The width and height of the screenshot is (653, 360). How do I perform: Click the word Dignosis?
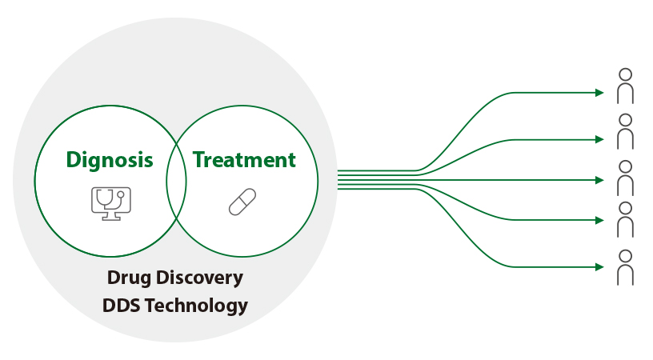pyautogui.click(x=110, y=160)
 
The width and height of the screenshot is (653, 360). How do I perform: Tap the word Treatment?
pyautogui.click(x=244, y=160)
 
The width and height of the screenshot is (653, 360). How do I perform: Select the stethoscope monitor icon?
pyautogui.click(x=110, y=203)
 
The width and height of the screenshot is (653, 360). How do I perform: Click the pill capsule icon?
pyautogui.click(x=242, y=202)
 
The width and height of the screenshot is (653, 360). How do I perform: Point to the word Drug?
pyautogui.click(x=129, y=278)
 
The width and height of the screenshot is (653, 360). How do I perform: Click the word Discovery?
pyautogui.click(x=199, y=278)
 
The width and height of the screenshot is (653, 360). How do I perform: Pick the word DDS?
pyautogui.click(x=121, y=305)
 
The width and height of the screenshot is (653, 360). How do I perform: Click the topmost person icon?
pyautogui.click(x=625, y=86)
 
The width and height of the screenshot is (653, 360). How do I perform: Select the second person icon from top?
pyautogui.click(x=625, y=131)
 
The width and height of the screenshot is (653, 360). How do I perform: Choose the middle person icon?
pyautogui.click(x=625, y=178)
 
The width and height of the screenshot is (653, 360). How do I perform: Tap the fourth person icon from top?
pyautogui.click(x=625, y=219)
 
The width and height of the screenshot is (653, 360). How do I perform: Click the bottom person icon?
pyautogui.click(x=625, y=267)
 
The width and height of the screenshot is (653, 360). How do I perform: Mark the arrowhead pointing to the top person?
pyautogui.click(x=599, y=92)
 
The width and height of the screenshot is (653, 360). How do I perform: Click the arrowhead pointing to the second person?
pyautogui.click(x=599, y=139)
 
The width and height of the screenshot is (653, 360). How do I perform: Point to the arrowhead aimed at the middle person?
pyautogui.click(x=599, y=180)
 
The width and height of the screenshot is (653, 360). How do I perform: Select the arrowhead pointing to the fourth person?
pyautogui.click(x=599, y=220)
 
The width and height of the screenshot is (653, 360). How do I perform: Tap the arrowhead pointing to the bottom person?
pyautogui.click(x=599, y=266)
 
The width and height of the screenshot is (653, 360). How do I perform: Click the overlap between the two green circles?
pyautogui.click(x=176, y=181)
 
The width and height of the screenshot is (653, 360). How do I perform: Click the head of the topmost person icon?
pyautogui.click(x=625, y=74)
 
